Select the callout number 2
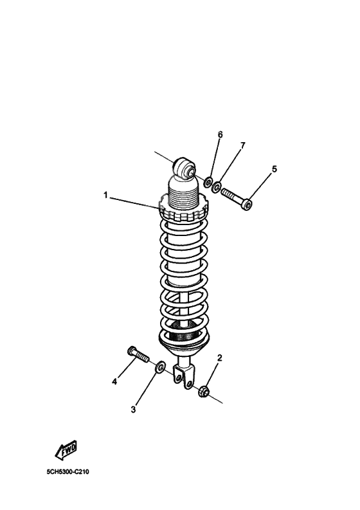(219, 358)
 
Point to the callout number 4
(114, 381)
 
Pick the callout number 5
(274, 169)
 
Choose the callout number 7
(242, 146)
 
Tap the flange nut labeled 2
(204, 390)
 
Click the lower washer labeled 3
(159, 367)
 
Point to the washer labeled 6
(209, 183)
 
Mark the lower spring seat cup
(184, 342)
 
